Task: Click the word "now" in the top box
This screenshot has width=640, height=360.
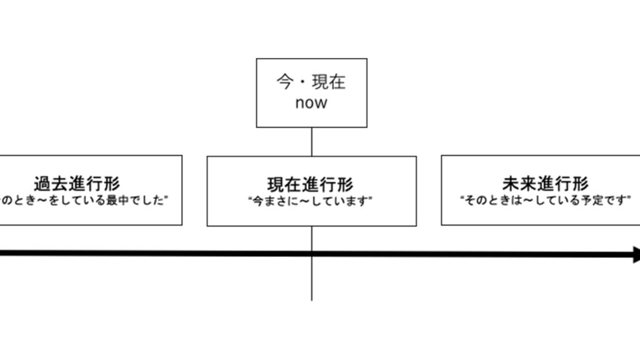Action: click(311, 103)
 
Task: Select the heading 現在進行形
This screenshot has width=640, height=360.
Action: click(311, 184)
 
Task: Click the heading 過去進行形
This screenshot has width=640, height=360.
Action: click(77, 184)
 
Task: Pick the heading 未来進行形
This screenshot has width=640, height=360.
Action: click(545, 183)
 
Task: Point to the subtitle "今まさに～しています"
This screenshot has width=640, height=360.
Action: click(311, 201)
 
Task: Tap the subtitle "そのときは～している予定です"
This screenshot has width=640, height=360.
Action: click(545, 201)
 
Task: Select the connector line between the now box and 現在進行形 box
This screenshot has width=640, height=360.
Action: click(311, 142)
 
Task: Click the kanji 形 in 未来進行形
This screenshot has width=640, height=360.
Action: click(579, 183)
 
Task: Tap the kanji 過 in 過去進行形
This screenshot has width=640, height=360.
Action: click(43, 184)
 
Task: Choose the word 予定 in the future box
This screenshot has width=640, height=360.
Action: click(596, 201)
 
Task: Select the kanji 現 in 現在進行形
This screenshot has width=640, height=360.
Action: click(277, 184)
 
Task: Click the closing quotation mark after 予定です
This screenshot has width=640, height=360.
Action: click(629, 199)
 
